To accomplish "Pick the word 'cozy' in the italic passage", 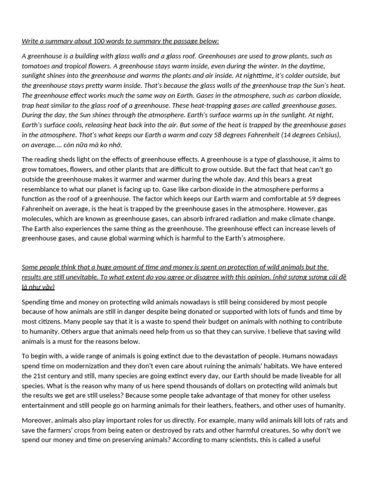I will pyautogui.click(x=175, y=135).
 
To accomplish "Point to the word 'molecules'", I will pyautogui.click(x=37, y=219).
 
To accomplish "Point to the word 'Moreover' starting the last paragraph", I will pyautogui.click(x=36, y=420).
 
